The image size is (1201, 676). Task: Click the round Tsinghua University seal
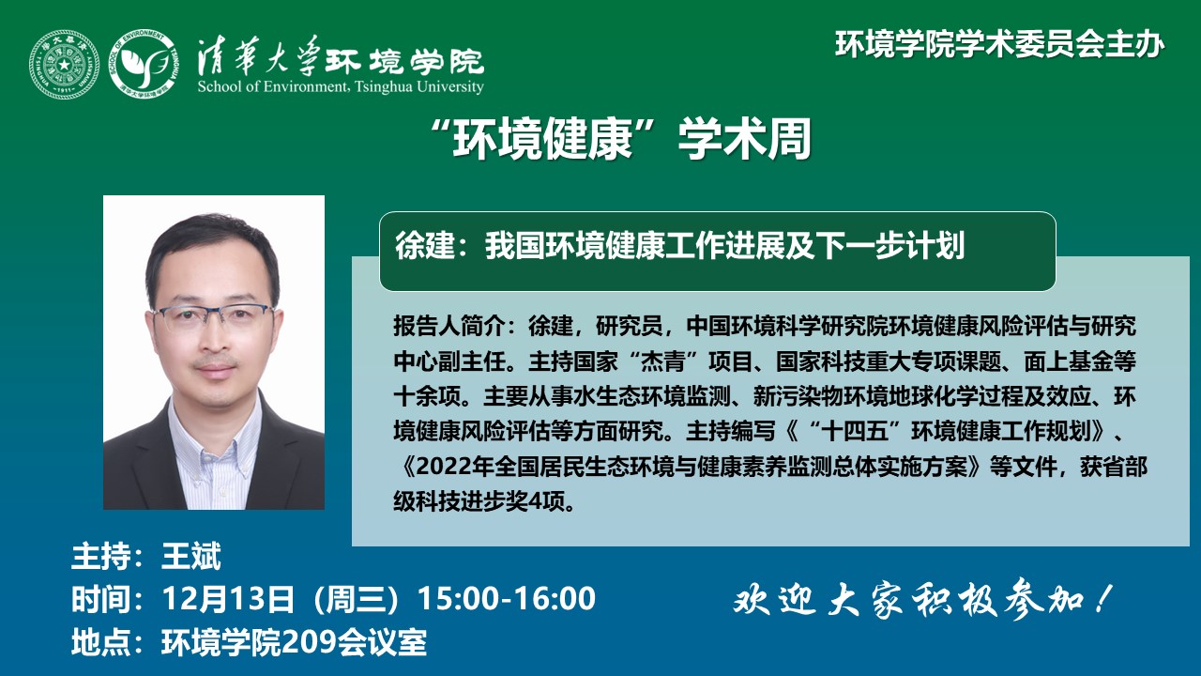[x=64, y=65]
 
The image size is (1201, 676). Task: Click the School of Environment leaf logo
[x=144, y=63]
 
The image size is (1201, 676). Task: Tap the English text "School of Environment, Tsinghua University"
[x=341, y=86]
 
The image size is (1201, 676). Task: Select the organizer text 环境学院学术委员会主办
[x=999, y=44]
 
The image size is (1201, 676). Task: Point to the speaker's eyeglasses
[x=213, y=317]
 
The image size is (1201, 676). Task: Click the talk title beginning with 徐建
[x=680, y=245]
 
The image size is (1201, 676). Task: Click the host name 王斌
[x=190, y=556]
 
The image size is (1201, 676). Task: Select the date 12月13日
[x=228, y=598]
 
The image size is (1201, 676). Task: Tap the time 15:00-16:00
[x=506, y=598]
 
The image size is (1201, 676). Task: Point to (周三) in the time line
[x=356, y=599]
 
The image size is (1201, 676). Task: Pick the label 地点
[x=100, y=641]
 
